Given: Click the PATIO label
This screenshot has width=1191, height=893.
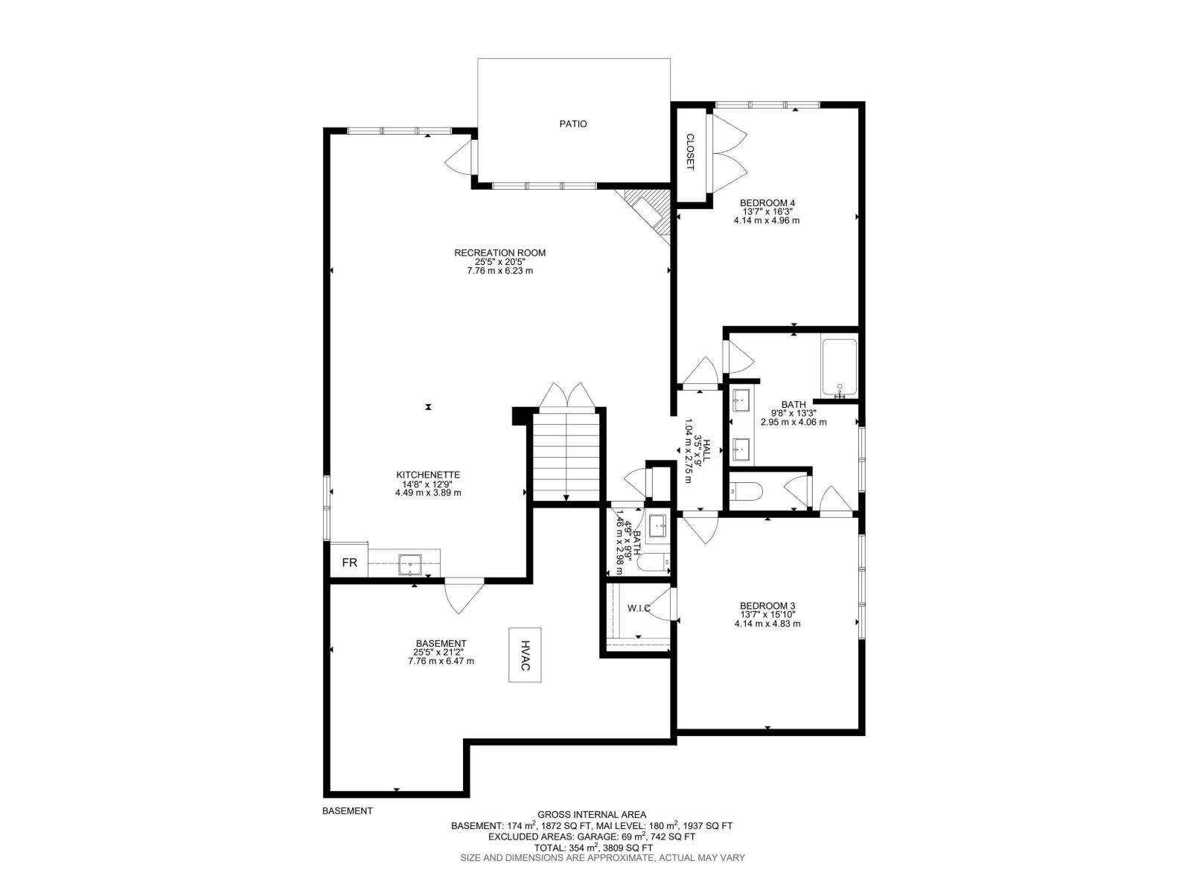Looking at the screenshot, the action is (x=573, y=124).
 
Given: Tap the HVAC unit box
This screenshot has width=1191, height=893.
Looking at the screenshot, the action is (x=525, y=654).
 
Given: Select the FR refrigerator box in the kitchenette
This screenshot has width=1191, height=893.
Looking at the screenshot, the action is (x=349, y=563).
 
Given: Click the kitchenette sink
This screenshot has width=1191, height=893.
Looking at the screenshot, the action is (x=410, y=564).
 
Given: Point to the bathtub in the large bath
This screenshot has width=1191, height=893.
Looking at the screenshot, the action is (x=840, y=367).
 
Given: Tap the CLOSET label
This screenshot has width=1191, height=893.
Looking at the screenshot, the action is (x=690, y=152).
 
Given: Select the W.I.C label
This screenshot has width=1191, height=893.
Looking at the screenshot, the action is (x=639, y=608).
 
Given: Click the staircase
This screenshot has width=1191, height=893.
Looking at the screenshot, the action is (x=566, y=456).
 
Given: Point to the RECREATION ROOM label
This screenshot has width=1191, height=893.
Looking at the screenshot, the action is (x=499, y=253).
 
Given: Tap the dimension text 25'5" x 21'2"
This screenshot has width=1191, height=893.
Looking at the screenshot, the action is (x=440, y=653).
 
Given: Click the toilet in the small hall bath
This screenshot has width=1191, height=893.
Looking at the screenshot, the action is (x=654, y=564).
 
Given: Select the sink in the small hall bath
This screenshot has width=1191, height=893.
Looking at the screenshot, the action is (x=658, y=525).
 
